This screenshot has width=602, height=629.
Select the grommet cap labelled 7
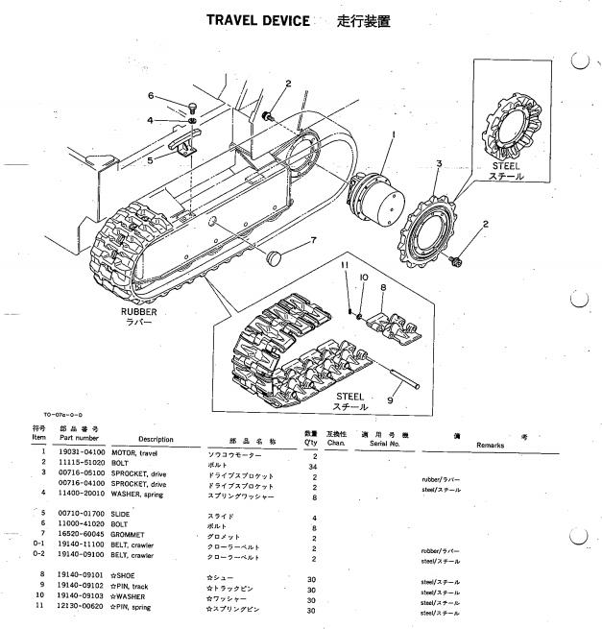pos(275,258)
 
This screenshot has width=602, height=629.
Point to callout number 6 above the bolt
pos(151,95)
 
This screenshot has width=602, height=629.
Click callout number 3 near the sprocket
pos(439,164)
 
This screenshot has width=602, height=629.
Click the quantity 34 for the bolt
pos(316,463)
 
